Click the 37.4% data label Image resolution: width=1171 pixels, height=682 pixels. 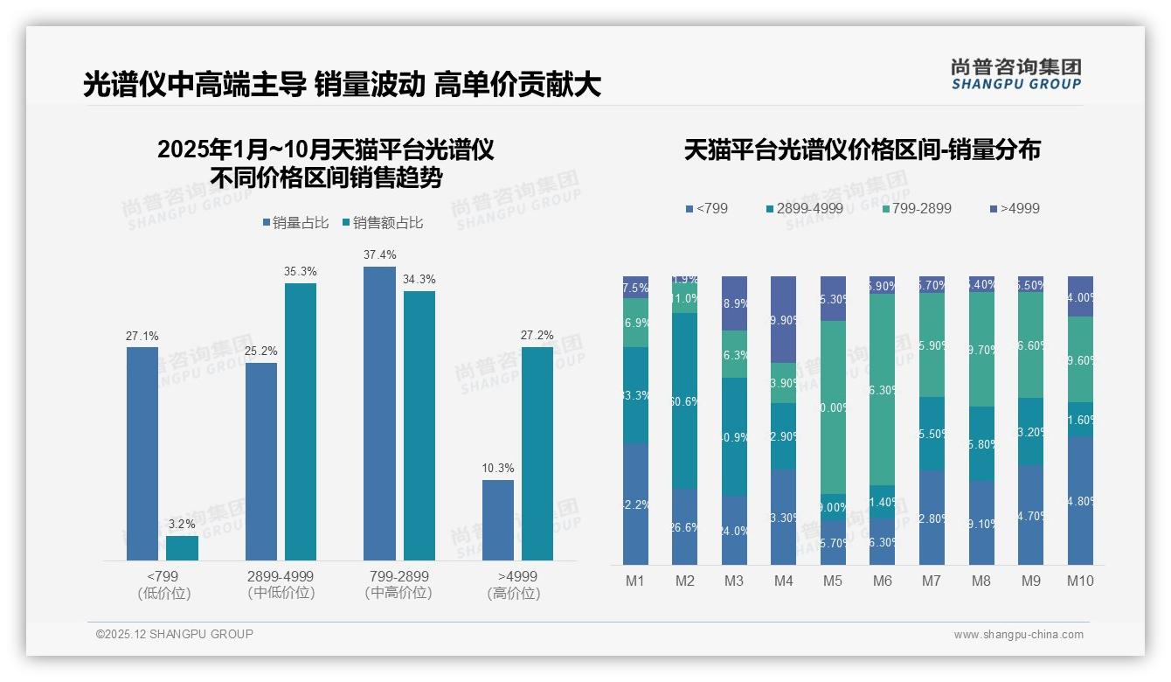tap(379, 254)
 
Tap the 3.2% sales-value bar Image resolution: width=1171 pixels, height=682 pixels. tap(182, 547)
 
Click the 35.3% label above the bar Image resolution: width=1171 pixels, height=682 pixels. tap(300, 271)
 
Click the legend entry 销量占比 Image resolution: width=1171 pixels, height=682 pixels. tap(295, 223)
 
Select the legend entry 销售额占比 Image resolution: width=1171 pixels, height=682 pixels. tap(383, 223)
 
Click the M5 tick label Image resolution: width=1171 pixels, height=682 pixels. tap(833, 581)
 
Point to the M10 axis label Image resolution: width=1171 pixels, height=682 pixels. tap(1080, 581)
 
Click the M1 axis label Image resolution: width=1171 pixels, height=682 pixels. tap(635, 581)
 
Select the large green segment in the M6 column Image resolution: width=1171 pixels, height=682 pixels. tap(883, 389)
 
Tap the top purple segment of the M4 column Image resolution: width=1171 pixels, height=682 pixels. tap(784, 319)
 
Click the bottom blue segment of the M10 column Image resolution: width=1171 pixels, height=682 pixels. tap(1080, 500)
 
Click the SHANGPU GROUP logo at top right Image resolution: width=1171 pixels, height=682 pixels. tap(1015, 74)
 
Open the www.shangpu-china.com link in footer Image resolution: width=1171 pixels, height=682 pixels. tap(1018, 635)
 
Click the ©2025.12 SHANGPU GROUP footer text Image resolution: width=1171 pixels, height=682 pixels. tap(174, 634)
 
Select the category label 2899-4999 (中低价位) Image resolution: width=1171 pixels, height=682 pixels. tap(280, 584)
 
